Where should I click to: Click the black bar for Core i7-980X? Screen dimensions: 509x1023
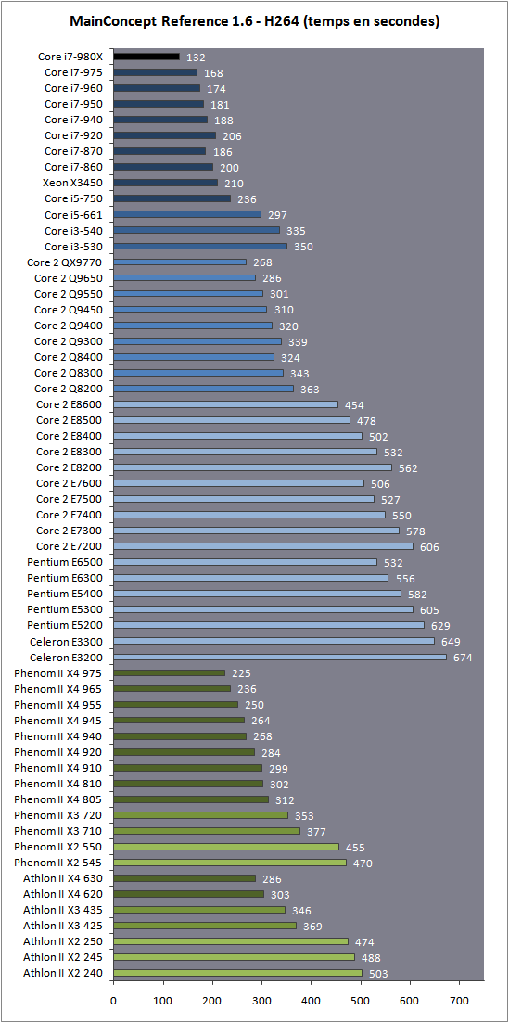point(146,57)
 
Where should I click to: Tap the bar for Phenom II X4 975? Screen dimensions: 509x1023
point(169,672)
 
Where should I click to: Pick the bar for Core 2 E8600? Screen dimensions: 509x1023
point(226,404)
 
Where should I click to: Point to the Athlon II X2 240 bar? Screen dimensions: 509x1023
point(237,973)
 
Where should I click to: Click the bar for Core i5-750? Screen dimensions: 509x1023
point(172,198)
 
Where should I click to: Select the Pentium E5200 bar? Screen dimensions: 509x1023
point(269,625)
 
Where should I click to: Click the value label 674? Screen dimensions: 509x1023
point(463,658)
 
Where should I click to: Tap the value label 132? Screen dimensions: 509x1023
point(197,58)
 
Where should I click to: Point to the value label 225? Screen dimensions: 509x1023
point(241,673)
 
